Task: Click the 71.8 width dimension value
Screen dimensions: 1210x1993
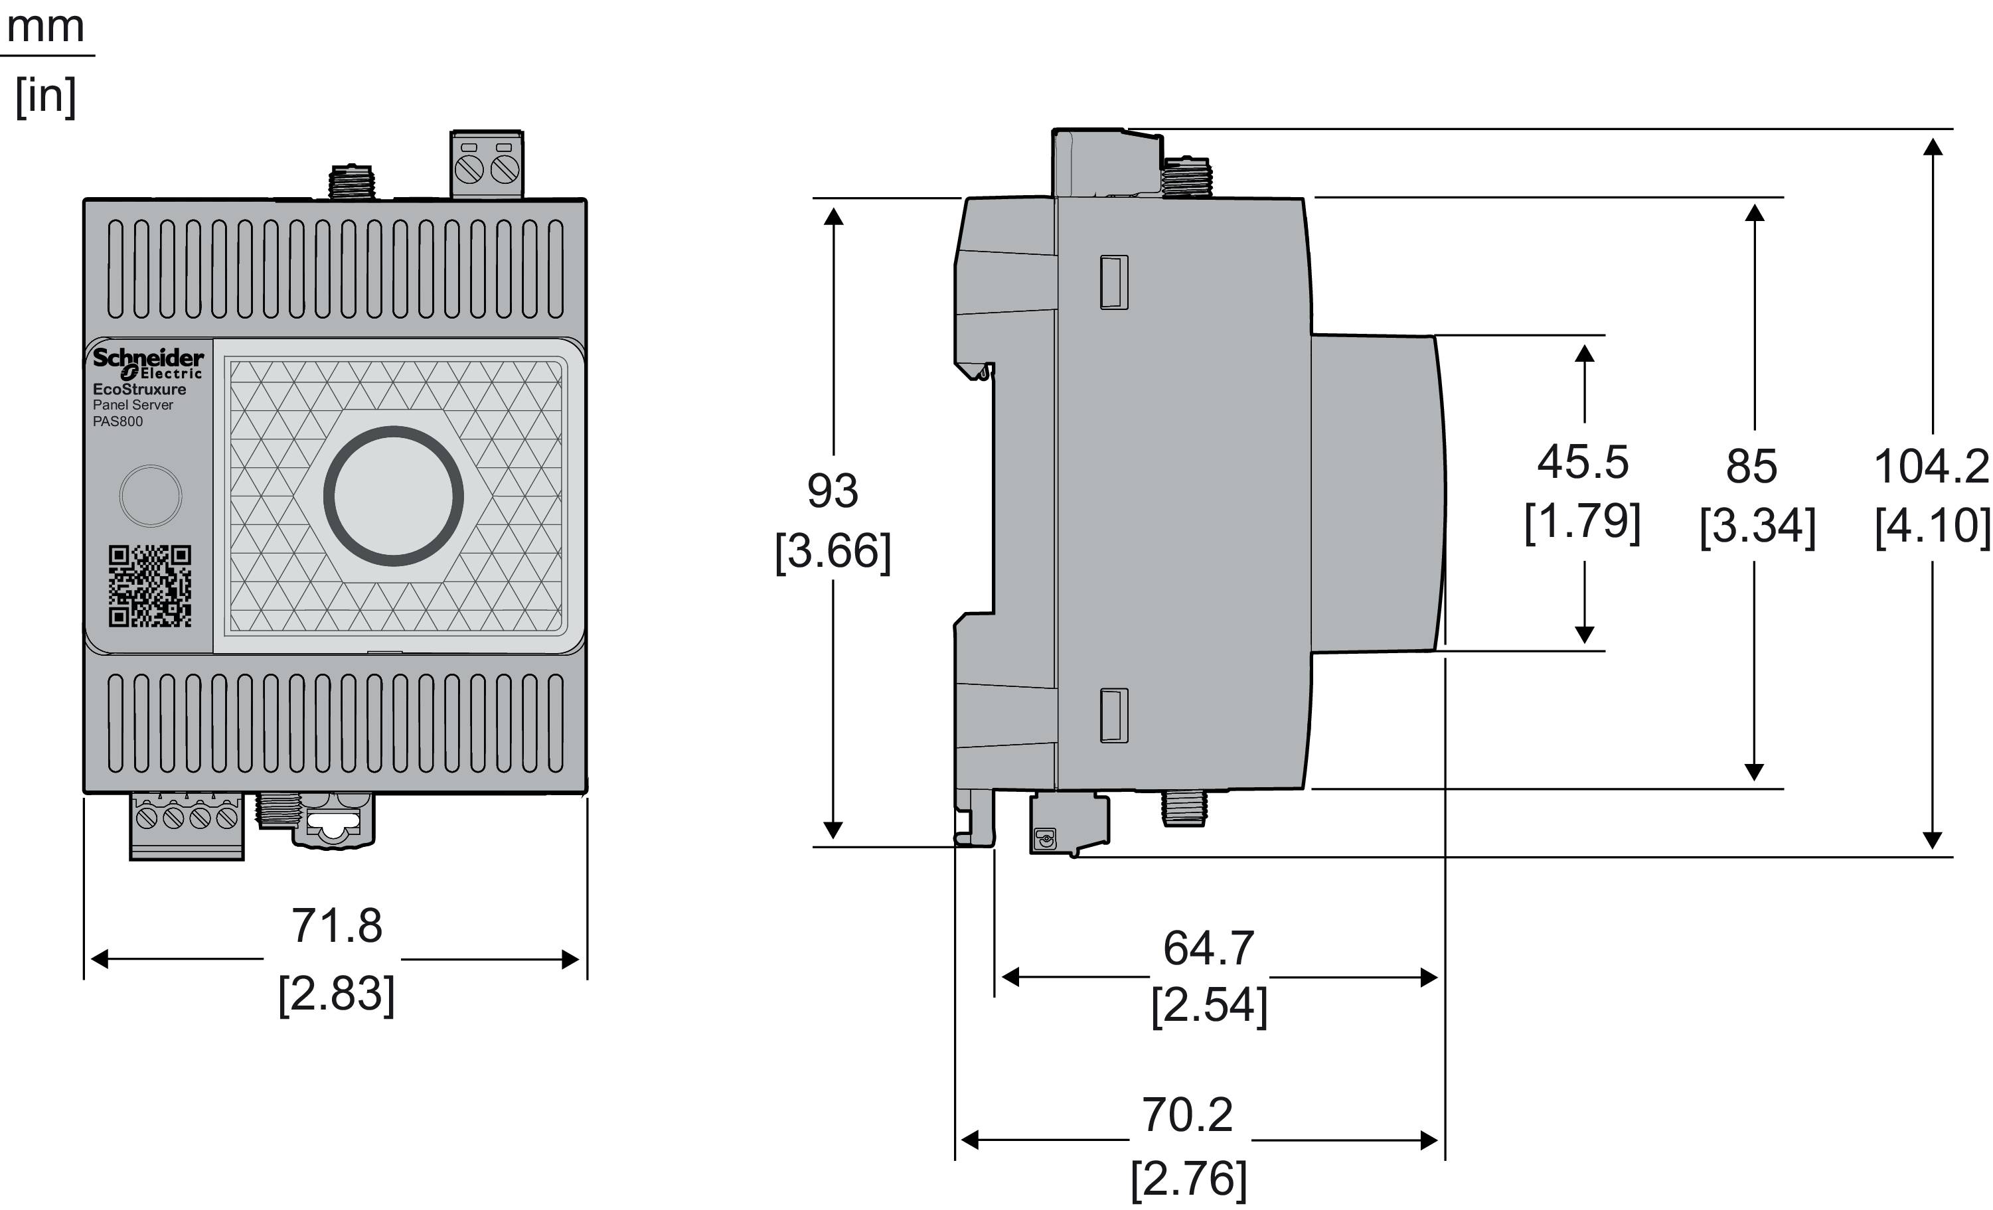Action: tap(337, 926)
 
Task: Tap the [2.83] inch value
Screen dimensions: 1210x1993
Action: tap(337, 994)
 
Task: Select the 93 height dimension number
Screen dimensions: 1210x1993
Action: tap(833, 491)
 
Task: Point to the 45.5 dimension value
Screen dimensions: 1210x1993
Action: tap(1583, 463)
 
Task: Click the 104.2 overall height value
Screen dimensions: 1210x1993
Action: tap(1931, 467)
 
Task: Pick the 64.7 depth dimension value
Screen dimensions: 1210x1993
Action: tap(1208, 948)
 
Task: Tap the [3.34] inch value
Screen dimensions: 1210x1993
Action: tap(1757, 526)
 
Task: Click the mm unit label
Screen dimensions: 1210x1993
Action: tap(45, 27)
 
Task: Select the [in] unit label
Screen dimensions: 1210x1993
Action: tap(46, 96)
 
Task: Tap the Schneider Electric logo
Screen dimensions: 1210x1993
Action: tap(148, 363)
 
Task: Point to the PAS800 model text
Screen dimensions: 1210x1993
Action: tap(118, 421)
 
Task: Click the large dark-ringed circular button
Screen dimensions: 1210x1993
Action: tap(394, 496)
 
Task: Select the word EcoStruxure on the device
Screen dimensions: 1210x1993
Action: tap(139, 389)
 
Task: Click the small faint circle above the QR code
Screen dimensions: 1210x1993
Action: tap(151, 496)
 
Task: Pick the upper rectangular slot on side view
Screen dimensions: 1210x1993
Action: tap(1114, 282)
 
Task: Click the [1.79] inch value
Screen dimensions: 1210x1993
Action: tap(1583, 522)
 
